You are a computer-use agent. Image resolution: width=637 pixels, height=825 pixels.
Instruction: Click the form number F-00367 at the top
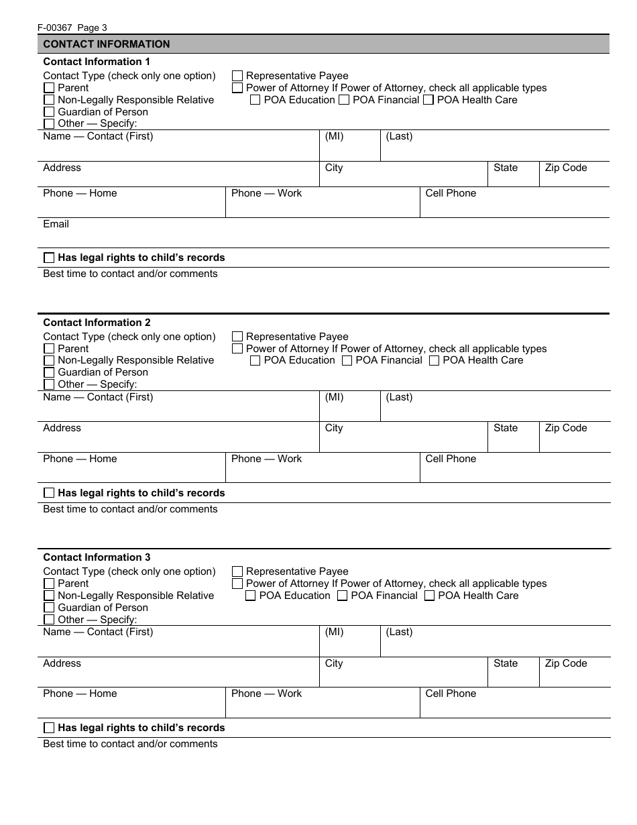click(x=57, y=27)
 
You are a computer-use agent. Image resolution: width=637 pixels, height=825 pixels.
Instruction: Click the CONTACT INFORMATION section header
click(x=107, y=44)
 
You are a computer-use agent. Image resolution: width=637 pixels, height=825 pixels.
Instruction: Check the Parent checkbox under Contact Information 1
click(x=49, y=88)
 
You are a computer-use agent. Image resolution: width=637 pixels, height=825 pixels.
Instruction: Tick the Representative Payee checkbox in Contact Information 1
click(x=237, y=76)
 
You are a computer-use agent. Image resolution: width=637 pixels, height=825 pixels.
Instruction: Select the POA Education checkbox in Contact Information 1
click(x=255, y=100)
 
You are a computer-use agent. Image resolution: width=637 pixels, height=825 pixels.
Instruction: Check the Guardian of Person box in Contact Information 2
click(x=49, y=372)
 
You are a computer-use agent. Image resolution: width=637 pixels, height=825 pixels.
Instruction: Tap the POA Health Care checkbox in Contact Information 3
click(x=430, y=596)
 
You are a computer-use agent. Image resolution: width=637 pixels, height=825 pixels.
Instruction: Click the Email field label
click(x=56, y=224)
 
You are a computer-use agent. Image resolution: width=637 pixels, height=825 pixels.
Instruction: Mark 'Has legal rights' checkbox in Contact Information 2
click(x=49, y=493)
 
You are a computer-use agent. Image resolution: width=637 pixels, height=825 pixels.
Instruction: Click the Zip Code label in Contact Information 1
click(x=565, y=168)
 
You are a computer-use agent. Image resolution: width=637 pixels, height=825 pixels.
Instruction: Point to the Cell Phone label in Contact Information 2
click(x=451, y=459)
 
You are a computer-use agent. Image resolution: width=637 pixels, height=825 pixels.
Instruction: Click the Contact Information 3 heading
click(x=97, y=557)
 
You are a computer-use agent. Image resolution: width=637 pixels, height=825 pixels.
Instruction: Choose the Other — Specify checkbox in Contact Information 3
click(x=49, y=620)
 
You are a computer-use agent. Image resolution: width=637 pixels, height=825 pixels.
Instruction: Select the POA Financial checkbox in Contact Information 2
click(x=347, y=361)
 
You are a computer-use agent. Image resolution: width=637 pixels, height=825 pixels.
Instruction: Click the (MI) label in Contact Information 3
click(x=334, y=632)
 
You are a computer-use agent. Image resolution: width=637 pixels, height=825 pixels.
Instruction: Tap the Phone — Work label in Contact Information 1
click(x=266, y=193)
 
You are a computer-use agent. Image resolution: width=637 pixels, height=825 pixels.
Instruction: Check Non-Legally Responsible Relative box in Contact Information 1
click(x=49, y=100)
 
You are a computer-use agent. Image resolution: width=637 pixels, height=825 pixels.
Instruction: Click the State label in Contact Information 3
click(x=506, y=663)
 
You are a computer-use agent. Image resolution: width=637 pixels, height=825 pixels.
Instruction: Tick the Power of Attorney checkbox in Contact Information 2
click(x=237, y=349)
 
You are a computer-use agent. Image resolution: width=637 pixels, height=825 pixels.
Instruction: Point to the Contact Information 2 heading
click(x=97, y=323)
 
